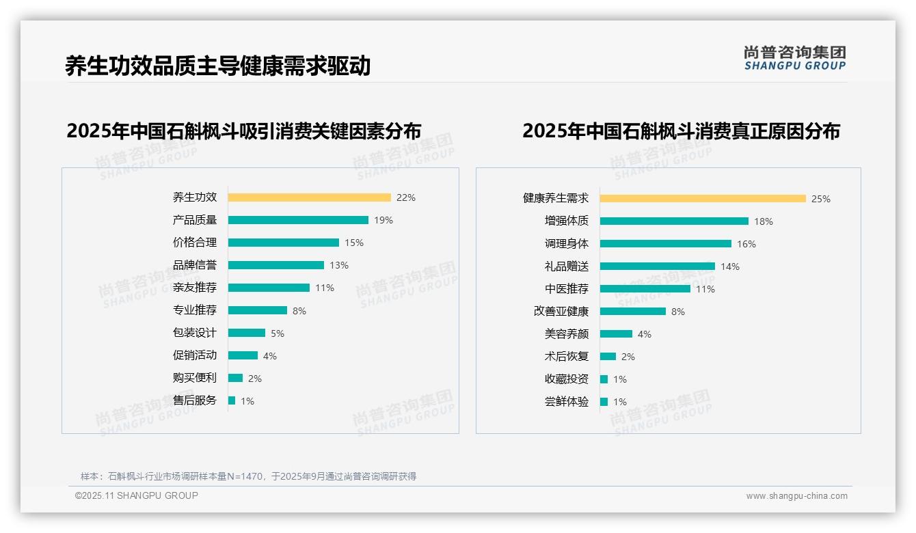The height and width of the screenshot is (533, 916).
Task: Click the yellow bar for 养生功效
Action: tap(309, 197)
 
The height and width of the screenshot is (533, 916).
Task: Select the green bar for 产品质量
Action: tap(298, 220)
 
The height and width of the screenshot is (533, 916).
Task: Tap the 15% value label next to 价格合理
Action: tap(354, 243)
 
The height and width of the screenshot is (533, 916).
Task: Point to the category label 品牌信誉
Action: tap(195, 265)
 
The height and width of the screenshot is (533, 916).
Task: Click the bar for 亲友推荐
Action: tap(269, 288)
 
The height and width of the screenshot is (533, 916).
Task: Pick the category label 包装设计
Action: tap(195, 333)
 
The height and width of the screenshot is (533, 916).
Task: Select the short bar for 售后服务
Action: tap(232, 400)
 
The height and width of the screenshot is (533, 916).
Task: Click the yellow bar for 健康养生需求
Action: tap(703, 199)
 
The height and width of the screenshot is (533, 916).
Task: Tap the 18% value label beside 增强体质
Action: tap(764, 221)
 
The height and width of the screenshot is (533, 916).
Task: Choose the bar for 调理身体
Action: tap(665, 244)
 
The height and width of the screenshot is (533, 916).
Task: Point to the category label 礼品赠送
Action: tap(567, 266)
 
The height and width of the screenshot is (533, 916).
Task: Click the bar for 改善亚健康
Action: tap(632, 312)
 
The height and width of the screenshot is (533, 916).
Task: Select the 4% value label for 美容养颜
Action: tap(645, 334)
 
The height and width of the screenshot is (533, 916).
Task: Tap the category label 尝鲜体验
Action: tap(567, 402)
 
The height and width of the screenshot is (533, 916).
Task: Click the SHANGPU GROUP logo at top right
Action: tap(795, 57)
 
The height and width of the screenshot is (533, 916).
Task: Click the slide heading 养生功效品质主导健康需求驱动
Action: tap(217, 66)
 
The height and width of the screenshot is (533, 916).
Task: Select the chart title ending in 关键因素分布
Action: tap(243, 131)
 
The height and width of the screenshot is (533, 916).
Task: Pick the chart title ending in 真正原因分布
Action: tap(681, 131)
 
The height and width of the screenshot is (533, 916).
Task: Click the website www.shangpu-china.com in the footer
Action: tap(796, 496)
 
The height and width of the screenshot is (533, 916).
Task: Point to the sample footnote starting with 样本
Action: tap(248, 476)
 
